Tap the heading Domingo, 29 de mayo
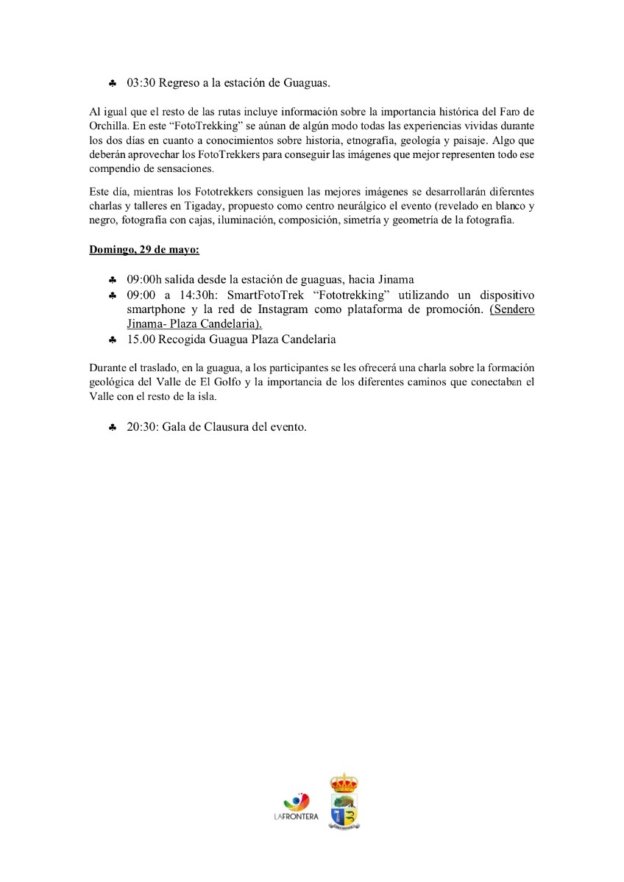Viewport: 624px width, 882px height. tap(144, 249)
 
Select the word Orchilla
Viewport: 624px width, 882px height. tap(110, 126)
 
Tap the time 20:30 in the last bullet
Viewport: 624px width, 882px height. tap(141, 427)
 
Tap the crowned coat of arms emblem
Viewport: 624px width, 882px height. tap(344, 801)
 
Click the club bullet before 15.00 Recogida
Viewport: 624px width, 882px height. tap(112, 340)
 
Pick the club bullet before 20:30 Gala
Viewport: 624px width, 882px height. tap(112, 428)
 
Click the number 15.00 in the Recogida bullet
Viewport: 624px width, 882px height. tap(141, 340)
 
